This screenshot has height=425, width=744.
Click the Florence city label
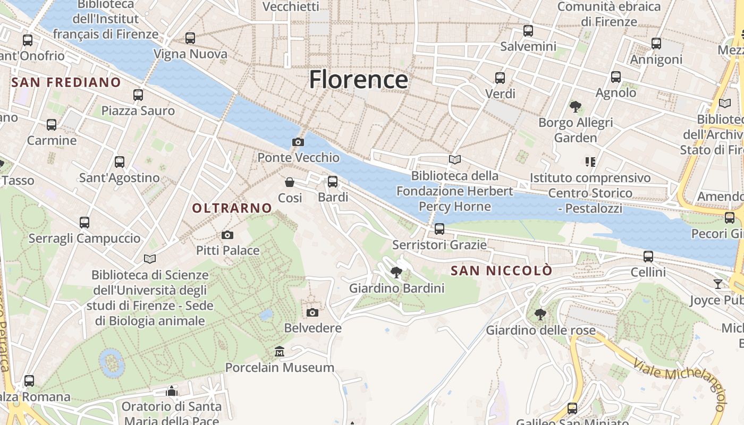(359, 80)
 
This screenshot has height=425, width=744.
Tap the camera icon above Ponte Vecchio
(298, 142)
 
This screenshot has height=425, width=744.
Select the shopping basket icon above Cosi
(290, 182)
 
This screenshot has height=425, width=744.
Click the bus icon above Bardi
(333, 182)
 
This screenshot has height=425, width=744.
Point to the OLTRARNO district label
(232, 208)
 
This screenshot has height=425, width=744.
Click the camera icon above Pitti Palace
(227, 235)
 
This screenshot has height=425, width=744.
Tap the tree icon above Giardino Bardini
(396, 273)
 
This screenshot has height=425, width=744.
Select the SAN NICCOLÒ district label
(501, 271)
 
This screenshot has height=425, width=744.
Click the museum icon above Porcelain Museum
(280, 352)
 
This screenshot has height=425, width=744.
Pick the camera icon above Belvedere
(312, 312)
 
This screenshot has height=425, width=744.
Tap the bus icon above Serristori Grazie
(439, 229)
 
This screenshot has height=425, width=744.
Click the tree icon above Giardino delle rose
(540, 314)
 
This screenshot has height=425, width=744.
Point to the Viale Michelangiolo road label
(680, 382)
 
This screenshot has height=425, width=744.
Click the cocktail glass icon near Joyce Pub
(718, 284)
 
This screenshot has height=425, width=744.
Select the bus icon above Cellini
(648, 257)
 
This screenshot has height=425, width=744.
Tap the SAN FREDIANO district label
(66, 82)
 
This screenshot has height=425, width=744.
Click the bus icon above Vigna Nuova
(190, 38)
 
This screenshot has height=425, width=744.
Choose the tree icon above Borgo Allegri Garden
(575, 107)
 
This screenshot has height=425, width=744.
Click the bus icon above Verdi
(500, 78)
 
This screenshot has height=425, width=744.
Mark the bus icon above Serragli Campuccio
(84, 223)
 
